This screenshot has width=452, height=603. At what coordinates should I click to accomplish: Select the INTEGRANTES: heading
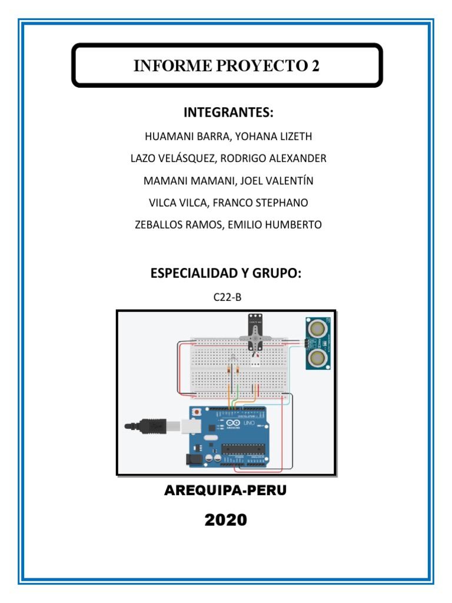coord(228,112)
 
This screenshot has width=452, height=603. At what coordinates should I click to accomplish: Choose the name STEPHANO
coord(280,203)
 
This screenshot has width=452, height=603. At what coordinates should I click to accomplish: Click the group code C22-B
coord(227,297)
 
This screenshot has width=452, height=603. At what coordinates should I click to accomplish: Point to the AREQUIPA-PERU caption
coord(226,491)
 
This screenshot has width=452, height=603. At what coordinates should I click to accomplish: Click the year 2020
coord(226,520)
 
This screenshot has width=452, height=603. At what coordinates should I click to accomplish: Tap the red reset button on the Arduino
coord(198,412)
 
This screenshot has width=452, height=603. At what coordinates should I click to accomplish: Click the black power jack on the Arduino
coord(194,459)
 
